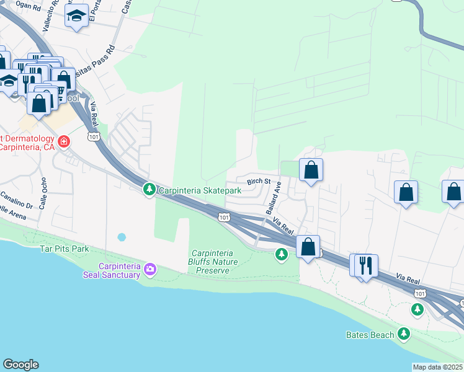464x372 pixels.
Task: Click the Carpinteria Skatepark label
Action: (x=200, y=190)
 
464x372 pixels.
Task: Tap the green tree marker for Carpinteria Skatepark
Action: (x=149, y=189)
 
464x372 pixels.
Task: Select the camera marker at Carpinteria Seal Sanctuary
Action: (x=149, y=269)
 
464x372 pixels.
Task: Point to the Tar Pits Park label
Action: (x=65, y=249)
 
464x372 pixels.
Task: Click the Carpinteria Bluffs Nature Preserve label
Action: (x=212, y=262)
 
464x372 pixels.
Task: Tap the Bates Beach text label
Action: (x=370, y=335)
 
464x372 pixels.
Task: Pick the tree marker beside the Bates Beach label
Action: (x=404, y=334)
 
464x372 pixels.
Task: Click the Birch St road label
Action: (x=259, y=182)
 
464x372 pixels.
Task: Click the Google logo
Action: (x=20, y=365)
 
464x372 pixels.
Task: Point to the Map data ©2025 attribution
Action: (x=438, y=367)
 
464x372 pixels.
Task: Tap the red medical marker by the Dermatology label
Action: (x=63, y=143)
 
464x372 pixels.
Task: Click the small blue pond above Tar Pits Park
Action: (x=121, y=237)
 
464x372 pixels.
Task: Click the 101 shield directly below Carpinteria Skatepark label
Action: (x=224, y=217)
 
